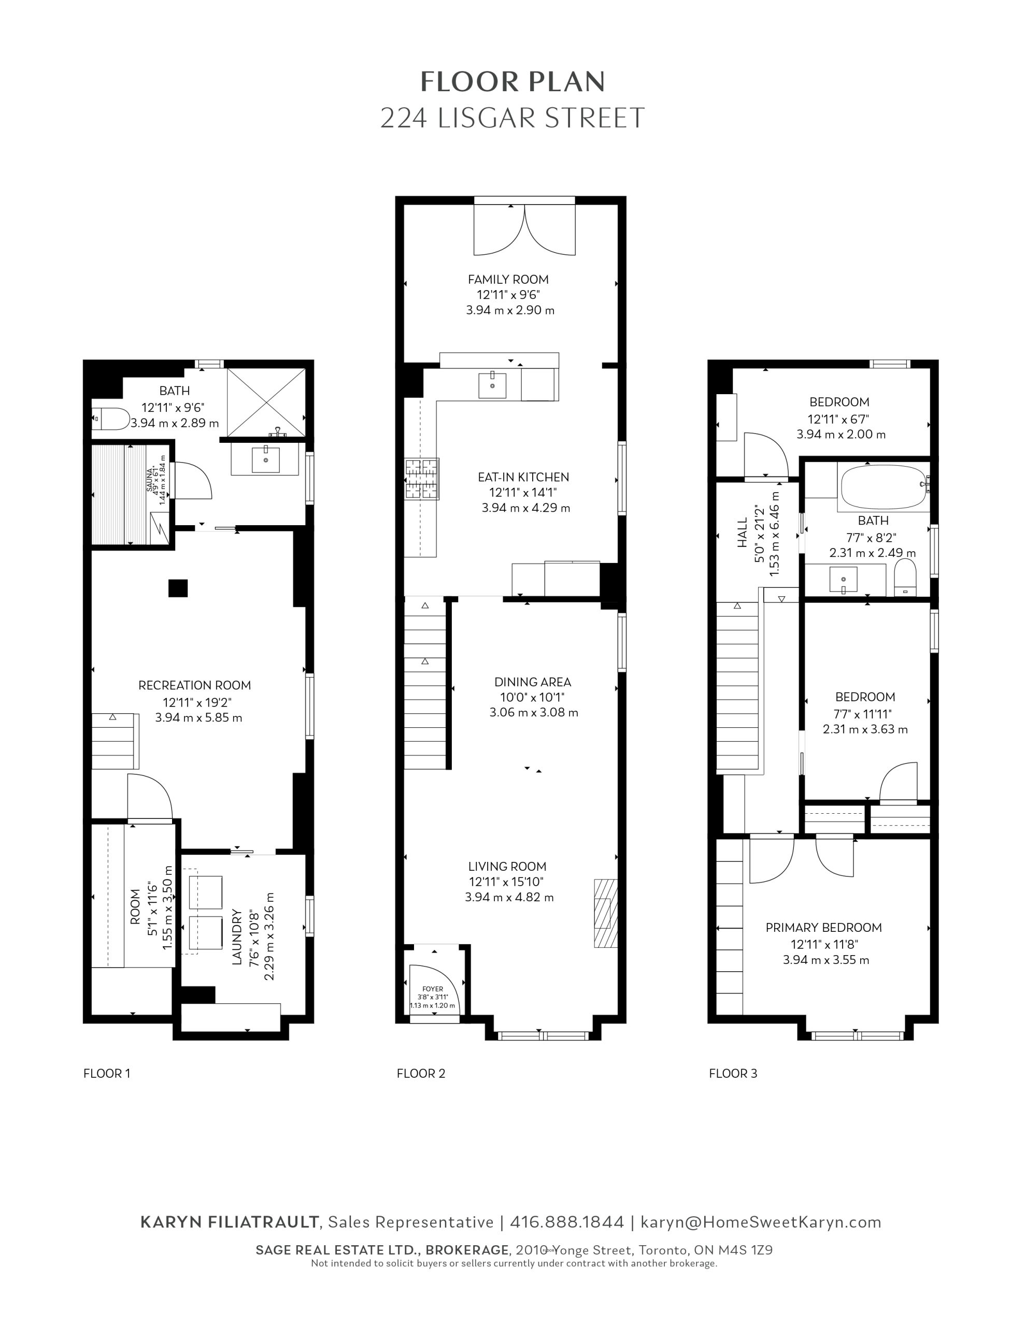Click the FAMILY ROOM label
[508, 279]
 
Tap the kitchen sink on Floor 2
[492, 385]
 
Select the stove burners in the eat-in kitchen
[422, 479]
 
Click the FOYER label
[433, 989]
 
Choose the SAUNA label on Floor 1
[149, 479]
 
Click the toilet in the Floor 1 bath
[110, 419]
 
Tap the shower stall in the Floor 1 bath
[266, 402]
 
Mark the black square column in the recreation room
[178, 588]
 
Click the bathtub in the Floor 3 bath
[883, 487]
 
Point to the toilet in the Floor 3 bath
[905, 578]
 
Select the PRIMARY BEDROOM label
[823, 927]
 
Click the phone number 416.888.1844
[567, 1221]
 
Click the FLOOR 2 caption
[421, 1073]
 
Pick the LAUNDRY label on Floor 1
[237, 937]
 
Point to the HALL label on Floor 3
[743, 532]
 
